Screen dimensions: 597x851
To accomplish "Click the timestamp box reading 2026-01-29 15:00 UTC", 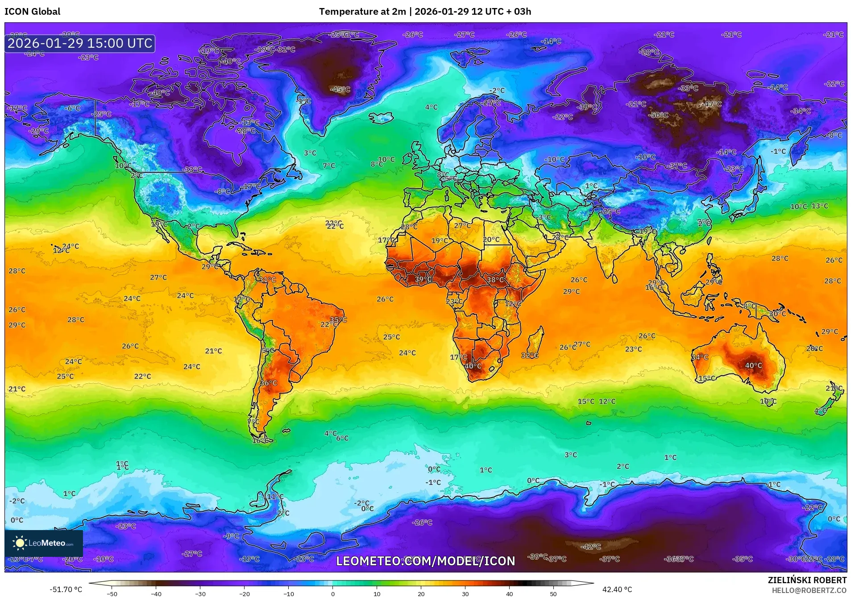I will [x=80, y=43].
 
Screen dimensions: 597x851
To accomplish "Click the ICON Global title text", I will [x=32, y=12].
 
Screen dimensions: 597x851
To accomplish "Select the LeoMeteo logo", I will [x=43, y=543].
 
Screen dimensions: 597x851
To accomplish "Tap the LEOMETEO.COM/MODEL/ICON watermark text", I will [x=425, y=561].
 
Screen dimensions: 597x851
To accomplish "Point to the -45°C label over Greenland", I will [x=340, y=89].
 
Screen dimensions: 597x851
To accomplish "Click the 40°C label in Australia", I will [x=753, y=365].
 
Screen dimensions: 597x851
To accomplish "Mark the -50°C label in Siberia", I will [x=659, y=115].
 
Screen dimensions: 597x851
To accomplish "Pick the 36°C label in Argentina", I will [x=269, y=383].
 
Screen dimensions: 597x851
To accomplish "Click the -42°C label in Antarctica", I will [x=591, y=547].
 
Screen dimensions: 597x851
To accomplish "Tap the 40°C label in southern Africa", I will [x=473, y=366].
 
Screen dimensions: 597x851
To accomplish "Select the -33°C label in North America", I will [x=192, y=170].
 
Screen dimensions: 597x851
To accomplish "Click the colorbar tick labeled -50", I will [x=112, y=593].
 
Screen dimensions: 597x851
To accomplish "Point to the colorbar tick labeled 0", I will [x=332, y=593].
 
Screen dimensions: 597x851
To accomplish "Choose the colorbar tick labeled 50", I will [x=553, y=593].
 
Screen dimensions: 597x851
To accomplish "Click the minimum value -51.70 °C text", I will [x=66, y=589].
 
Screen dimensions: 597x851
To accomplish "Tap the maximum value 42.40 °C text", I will [x=617, y=589].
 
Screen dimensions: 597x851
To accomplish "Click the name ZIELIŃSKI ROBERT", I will [x=807, y=580].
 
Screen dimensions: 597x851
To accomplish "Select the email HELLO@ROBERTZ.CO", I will [x=809, y=590].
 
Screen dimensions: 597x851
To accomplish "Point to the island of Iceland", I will [x=382, y=117].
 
